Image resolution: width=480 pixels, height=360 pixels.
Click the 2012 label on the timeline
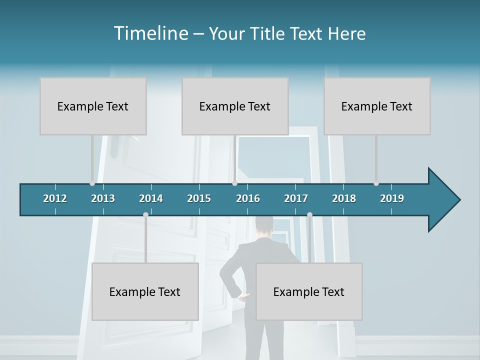(x=55, y=198)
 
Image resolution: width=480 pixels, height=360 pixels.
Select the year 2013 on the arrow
(x=103, y=198)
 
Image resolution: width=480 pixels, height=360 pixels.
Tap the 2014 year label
(x=151, y=198)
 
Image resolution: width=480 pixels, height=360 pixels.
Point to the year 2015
(x=199, y=198)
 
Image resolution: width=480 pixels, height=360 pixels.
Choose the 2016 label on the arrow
(x=248, y=198)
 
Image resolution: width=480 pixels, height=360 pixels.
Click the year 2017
(x=296, y=198)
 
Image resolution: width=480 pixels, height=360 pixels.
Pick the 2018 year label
(x=344, y=198)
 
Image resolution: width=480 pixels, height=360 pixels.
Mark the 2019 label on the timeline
(x=392, y=198)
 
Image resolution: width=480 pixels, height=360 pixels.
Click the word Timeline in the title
(x=150, y=33)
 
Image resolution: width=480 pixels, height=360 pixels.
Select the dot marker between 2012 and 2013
(x=92, y=183)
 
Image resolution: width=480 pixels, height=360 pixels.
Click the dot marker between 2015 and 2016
(x=234, y=183)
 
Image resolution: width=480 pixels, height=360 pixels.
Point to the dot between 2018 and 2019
(x=376, y=183)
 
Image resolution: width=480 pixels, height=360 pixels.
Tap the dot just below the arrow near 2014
(x=145, y=214)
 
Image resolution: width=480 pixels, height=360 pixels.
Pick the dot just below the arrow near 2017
(x=309, y=214)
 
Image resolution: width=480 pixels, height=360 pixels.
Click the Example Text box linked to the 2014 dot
(x=145, y=291)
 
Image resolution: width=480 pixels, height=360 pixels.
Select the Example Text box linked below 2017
(x=309, y=291)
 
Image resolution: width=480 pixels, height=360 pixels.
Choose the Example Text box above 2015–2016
(x=235, y=106)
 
